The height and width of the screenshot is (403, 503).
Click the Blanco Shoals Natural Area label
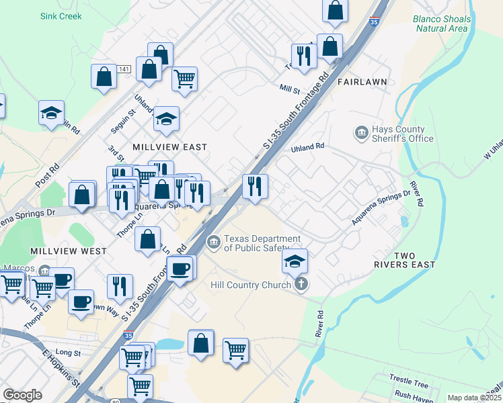tap(440, 24)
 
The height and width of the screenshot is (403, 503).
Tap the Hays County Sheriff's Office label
tap(399, 134)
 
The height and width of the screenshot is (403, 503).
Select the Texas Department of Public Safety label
tap(262, 243)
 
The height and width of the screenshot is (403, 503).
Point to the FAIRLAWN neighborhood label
tap(362, 82)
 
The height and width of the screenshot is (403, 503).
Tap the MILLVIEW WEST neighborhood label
tap(68, 251)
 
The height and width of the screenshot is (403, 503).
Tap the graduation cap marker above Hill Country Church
tap(295, 261)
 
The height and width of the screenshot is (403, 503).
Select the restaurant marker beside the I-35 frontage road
tap(255, 186)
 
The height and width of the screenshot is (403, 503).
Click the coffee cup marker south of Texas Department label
tap(180, 269)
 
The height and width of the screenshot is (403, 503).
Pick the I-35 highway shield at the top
tap(373, 22)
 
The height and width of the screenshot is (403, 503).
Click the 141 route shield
tap(123, 69)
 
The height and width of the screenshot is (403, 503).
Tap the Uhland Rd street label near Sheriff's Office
tap(307, 146)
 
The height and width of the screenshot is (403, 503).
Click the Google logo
tap(22, 395)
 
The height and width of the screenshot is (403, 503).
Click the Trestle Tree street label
tap(412, 384)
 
